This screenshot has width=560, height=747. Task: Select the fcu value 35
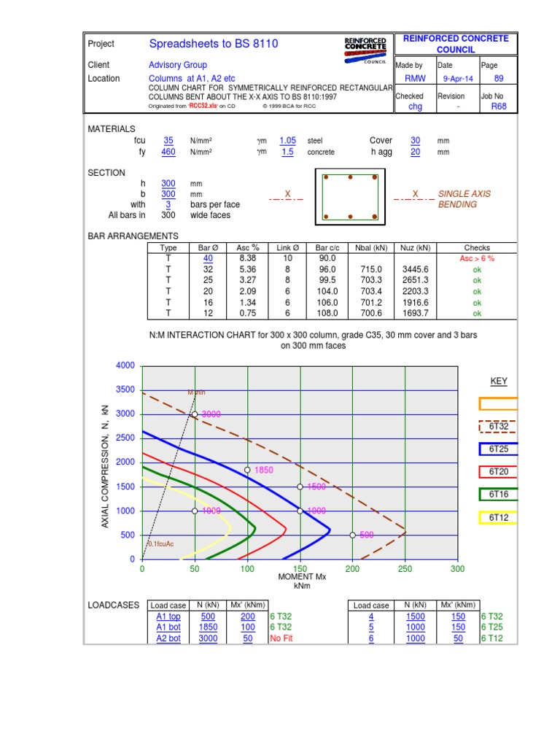point(168,141)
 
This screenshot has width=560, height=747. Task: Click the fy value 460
point(168,152)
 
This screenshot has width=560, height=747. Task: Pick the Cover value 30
point(415,141)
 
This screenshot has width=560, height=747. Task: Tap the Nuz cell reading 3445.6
point(415,269)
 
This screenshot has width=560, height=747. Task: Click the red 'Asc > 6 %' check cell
point(477,258)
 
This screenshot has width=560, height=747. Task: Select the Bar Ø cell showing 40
point(209,258)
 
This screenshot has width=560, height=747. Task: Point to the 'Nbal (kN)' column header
point(371,248)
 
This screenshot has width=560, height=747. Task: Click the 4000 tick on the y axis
point(126,365)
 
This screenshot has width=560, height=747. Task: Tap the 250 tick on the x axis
point(405,569)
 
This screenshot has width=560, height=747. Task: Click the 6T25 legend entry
point(499,449)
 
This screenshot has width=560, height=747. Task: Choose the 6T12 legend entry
point(499,517)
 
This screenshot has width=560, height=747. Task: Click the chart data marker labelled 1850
point(247,471)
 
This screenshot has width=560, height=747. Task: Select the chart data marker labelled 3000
point(195,414)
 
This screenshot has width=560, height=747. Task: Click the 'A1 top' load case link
point(168,616)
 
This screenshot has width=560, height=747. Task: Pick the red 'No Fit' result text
point(281,638)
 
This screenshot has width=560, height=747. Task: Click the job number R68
point(499,107)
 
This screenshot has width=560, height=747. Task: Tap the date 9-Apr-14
point(457,79)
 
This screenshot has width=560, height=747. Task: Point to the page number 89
point(499,79)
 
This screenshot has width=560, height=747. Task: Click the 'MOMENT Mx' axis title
point(302,577)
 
